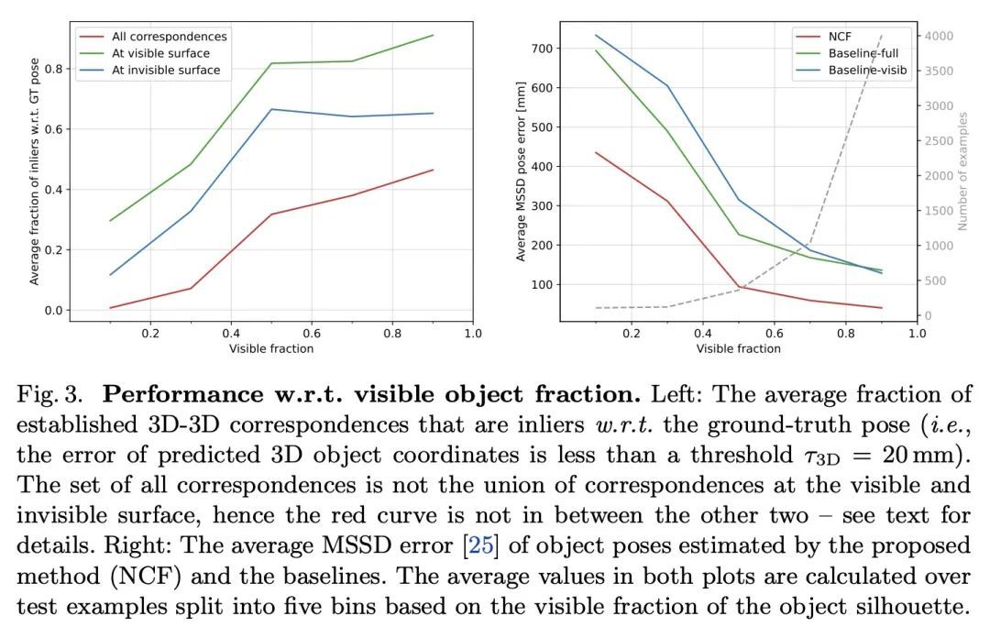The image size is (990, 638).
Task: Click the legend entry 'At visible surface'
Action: click(x=159, y=53)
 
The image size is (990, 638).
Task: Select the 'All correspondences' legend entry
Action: click(x=169, y=37)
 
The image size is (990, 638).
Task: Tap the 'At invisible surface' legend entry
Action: click(x=166, y=70)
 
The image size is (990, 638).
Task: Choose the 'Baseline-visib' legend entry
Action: click(x=868, y=70)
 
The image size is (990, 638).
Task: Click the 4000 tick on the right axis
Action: click(x=940, y=36)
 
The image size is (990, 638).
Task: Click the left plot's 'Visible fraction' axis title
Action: click(x=271, y=348)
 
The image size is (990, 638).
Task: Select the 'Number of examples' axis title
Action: click(x=963, y=171)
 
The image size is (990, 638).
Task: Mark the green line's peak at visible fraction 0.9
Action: click(x=433, y=35)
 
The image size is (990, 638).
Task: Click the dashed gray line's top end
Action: click(x=881, y=36)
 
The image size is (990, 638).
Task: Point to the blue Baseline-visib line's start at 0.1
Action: click(x=596, y=36)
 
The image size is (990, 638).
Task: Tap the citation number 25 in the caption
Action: click(x=480, y=546)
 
